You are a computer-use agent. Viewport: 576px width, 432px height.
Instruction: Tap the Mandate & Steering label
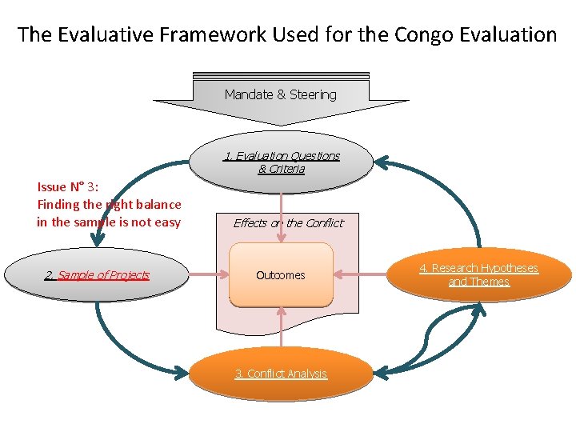[281, 94]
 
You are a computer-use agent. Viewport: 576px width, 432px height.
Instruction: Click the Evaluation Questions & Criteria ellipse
[282, 162]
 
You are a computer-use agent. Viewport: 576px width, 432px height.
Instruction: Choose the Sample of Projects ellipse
[96, 275]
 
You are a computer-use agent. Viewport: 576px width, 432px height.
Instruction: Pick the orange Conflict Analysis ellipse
[281, 374]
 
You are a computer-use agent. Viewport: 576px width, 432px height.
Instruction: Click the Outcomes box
[281, 275]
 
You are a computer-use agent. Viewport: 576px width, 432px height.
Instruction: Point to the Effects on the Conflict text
[288, 223]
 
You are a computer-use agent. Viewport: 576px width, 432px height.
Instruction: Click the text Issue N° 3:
[67, 186]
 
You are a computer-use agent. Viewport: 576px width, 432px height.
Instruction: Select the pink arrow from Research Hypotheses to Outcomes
[360, 275]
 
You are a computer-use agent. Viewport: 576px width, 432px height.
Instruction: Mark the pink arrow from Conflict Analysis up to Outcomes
[281, 328]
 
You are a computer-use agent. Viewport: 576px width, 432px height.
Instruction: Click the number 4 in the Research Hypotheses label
[423, 269]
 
